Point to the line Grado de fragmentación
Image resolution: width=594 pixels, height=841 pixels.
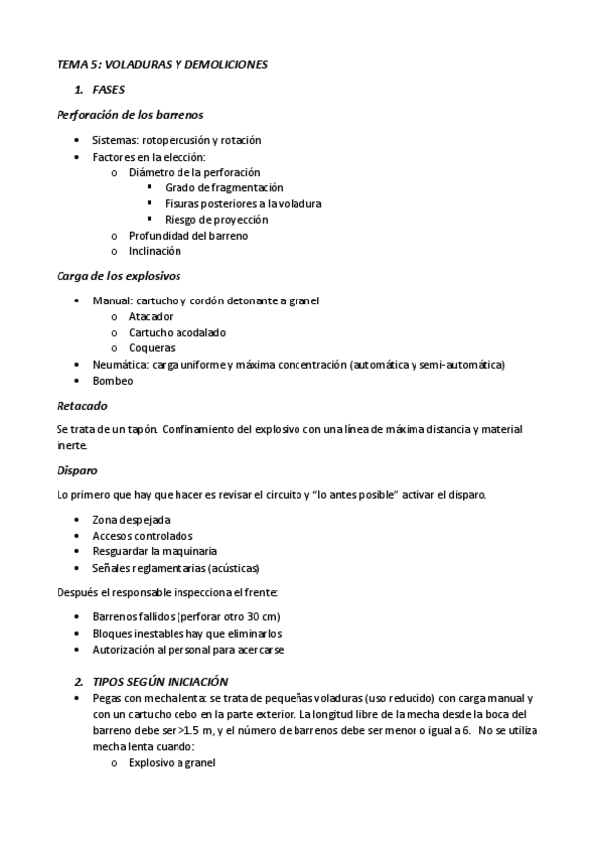point(224,187)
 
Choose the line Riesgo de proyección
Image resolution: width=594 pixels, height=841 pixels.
point(216,219)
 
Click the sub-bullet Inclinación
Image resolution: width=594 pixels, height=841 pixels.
point(155,251)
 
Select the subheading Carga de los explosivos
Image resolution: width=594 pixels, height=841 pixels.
point(119,275)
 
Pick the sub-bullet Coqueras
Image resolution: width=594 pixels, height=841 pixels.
point(152,348)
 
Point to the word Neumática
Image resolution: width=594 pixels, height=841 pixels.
point(118,364)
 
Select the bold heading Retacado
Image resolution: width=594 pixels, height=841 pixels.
point(82,405)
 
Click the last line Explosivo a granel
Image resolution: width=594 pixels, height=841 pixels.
point(172,763)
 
